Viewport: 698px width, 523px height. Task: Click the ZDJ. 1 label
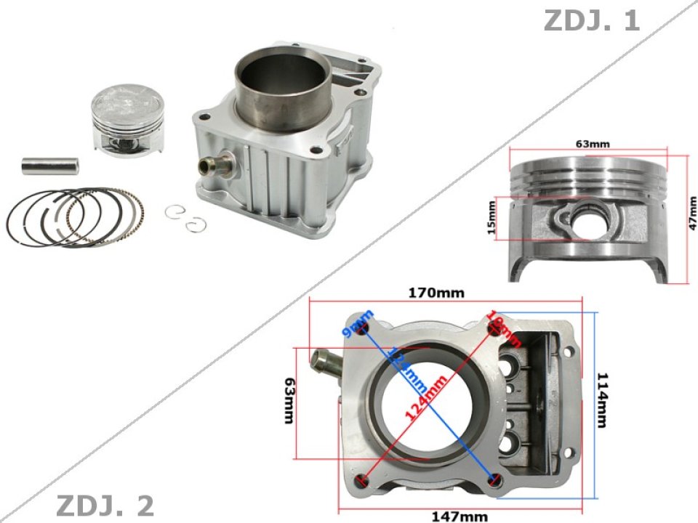pyautogui.click(x=591, y=20)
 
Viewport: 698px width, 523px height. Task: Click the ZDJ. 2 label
pyautogui.click(x=105, y=506)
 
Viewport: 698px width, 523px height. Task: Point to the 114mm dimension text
pyautogui.click(x=603, y=400)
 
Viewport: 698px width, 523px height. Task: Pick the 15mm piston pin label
pyautogui.click(x=492, y=219)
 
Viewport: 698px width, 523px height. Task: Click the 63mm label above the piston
pyautogui.click(x=593, y=144)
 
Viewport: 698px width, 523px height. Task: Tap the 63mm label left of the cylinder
pyautogui.click(x=289, y=402)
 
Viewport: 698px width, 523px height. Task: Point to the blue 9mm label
pyautogui.click(x=361, y=323)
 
